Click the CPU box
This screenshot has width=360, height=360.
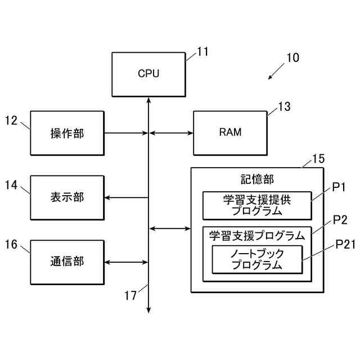point(148,74)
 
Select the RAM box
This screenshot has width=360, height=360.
point(230,133)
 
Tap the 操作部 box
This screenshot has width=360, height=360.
point(67,133)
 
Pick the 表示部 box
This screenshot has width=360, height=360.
point(67,197)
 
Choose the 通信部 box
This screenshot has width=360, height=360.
point(67,262)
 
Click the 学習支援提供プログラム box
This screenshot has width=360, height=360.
point(256,205)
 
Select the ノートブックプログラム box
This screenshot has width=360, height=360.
point(256,260)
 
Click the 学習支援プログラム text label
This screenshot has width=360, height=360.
point(256,235)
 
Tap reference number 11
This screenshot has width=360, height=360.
point(202,52)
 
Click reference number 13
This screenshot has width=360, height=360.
point(284,107)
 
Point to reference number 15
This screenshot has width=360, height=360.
point(318,159)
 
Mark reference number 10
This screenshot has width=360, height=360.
point(292,57)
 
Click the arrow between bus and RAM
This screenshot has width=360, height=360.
point(171,133)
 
